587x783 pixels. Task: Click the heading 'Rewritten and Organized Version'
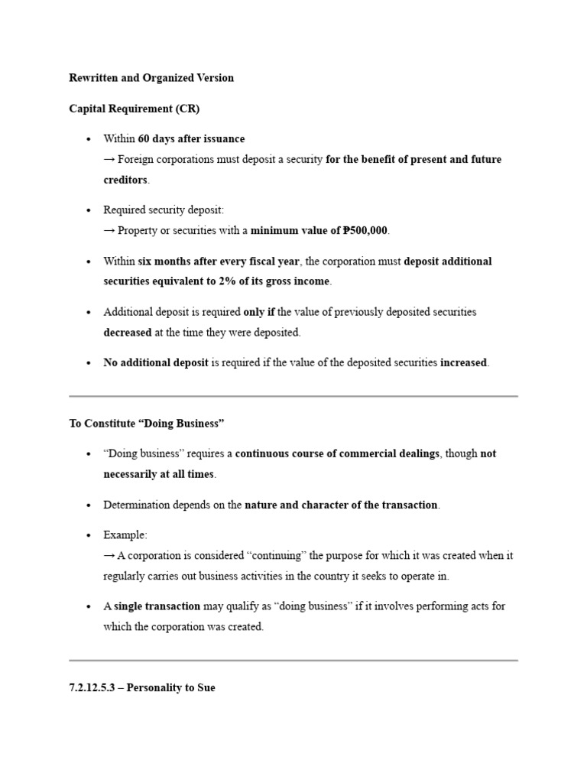151,78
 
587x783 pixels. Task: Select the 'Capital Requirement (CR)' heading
135,109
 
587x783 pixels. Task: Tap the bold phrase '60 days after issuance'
191,139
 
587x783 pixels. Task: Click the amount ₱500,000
366,231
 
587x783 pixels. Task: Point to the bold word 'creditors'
126,180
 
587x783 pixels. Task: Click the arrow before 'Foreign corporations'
109,160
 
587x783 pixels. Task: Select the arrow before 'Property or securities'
109,231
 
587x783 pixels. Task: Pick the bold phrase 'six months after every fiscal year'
219,262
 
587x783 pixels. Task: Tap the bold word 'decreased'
127,333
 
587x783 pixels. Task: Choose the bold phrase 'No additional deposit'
155,363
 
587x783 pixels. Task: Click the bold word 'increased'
463,363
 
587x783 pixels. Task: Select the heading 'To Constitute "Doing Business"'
146,424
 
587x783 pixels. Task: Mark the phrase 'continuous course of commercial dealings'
337,453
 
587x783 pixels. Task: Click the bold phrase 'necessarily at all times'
159,474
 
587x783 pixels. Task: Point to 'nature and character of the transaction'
342,505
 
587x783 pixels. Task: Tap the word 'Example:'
125,535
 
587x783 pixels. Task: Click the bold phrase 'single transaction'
157,606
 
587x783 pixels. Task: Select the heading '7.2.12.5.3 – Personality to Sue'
142,687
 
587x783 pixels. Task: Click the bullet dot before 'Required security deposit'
89,210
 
